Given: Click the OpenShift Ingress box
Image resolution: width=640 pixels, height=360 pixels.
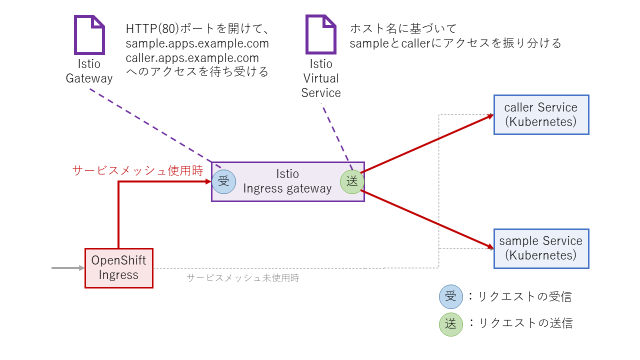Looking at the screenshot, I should tap(118, 268).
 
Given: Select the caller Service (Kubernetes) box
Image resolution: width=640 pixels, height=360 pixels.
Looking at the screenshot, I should tap(541, 114).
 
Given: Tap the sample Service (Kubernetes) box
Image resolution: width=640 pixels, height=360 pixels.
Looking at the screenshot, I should tap(541, 248).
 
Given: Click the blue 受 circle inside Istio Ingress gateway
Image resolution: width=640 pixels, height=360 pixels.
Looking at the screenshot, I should tap(223, 182).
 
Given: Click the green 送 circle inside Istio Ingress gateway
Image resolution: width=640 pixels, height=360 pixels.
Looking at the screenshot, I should tap(352, 182).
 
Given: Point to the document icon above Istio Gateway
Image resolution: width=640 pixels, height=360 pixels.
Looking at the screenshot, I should tap(89, 34).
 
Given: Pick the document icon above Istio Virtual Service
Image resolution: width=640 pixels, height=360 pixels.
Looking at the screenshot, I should tap(321, 34).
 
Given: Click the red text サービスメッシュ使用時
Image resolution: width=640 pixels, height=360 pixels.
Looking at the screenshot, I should tap(137, 171).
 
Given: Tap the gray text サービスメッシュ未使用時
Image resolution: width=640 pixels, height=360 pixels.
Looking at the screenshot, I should tap(242, 278).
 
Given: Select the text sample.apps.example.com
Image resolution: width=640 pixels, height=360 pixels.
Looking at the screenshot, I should tap(197, 43).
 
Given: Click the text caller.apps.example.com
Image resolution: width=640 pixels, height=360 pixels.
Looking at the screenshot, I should tap(192, 57).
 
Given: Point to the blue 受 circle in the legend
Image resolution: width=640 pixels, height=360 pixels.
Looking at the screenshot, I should tap(451, 296).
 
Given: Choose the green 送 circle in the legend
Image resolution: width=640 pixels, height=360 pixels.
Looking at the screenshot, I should tap(451, 323).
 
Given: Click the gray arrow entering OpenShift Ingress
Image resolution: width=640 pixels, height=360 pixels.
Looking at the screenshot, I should tap(68, 268).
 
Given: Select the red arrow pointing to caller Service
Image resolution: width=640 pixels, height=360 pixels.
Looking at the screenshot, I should tap(425, 144).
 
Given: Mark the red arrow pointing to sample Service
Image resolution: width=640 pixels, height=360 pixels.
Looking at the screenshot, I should tap(425, 219).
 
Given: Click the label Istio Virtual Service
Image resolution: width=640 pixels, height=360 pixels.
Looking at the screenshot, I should tap(321, 78).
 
